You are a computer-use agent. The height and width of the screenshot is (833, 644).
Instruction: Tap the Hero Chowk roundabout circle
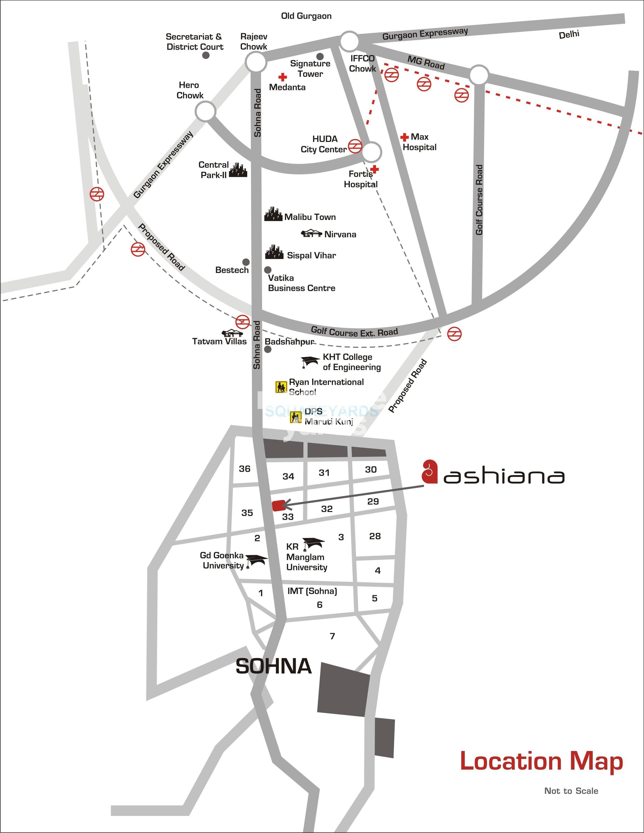[x=205, y=112]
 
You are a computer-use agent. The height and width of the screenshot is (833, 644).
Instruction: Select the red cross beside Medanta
[x=283, y=78]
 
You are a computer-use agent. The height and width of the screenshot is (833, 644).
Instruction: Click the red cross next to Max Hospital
[x=405, y=137]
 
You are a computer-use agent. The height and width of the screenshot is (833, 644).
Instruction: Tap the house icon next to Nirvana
[x=312, y=233]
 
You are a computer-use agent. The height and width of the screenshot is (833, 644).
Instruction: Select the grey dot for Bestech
[x=246, y=262]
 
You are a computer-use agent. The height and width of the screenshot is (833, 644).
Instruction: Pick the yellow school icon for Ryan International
[x=281, y=387]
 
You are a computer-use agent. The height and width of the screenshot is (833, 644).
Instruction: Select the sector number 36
[x=244, y=468]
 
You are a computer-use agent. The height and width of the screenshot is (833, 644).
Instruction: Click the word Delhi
[x=569, y=35]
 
